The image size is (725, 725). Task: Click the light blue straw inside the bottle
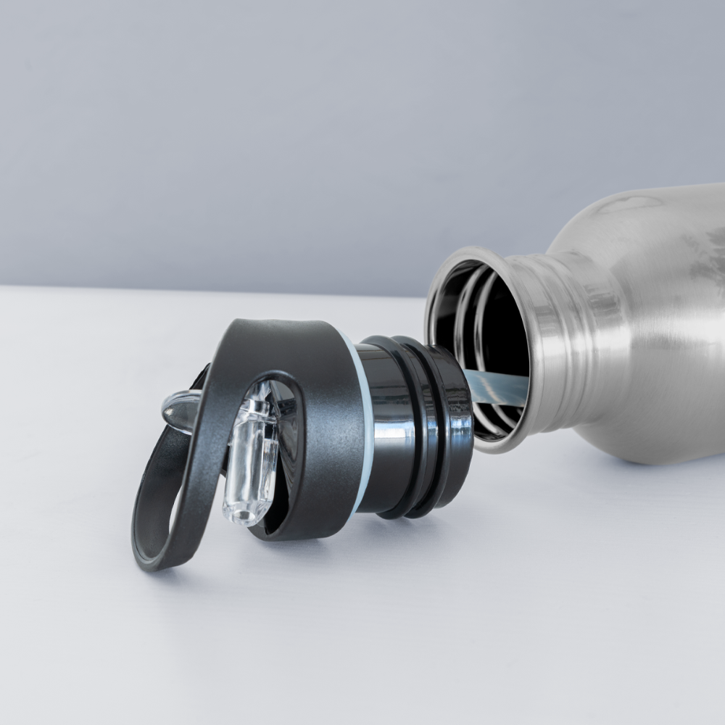point(500,388)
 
